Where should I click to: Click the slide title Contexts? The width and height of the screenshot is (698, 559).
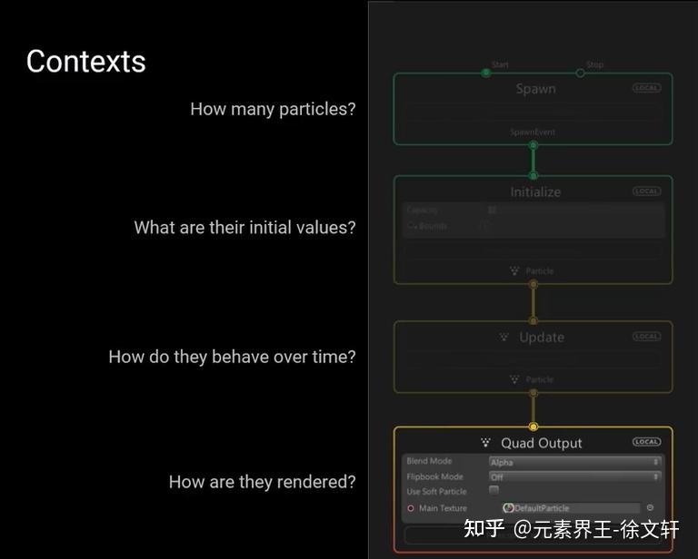pos(86,62)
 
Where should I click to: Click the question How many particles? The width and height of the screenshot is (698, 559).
pos(273,109)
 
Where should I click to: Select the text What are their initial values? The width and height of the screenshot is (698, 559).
pos(244,228)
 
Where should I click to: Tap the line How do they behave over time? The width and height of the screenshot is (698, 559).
pos(232,357)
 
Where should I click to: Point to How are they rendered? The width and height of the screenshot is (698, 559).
pos(262,482)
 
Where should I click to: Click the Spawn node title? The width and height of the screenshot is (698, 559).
pos(535,89)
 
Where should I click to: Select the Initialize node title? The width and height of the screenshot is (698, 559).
pos(535,192)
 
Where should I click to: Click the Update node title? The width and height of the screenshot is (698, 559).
pos(542,338)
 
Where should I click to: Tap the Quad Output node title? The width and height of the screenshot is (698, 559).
pos(542,443)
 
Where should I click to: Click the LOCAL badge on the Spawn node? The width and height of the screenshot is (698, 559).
pos(647,88)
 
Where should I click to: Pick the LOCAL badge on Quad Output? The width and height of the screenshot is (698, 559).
pos(647,442)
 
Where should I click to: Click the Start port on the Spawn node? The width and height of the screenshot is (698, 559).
pos(486,73)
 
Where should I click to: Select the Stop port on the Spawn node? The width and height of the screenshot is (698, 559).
pos(581,73)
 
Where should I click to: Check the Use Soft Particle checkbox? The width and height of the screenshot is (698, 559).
pos(494,491)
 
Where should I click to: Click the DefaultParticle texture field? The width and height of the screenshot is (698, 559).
pos(570,508)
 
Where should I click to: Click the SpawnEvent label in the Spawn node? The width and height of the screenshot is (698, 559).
pos(533,132)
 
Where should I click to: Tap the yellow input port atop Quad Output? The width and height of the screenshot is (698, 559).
pos(533,427)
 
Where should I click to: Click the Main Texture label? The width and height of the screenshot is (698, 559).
pos(443,508)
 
